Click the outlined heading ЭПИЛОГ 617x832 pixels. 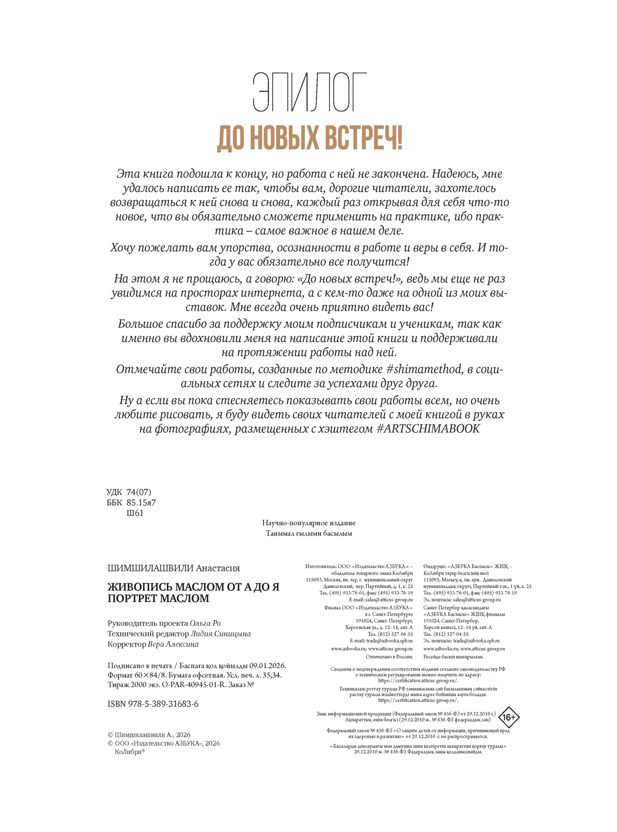(310, 93)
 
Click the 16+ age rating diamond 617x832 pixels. (509, 718)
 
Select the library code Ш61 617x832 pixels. (135, 512)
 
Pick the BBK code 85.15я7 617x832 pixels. (141, 502)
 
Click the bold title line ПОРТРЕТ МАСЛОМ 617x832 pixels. (158, 598)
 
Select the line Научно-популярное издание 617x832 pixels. (308, 523)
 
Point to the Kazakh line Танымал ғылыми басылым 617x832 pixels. (308, 533)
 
